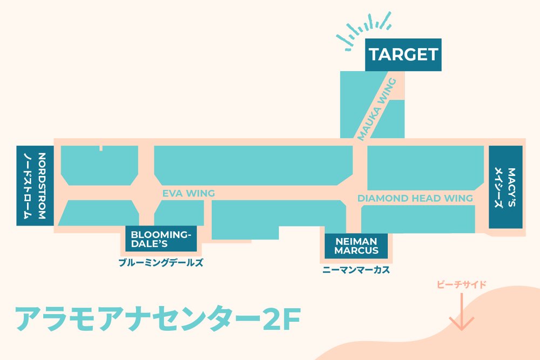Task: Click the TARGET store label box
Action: coord(403,55)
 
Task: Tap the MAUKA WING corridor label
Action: coord(377,110)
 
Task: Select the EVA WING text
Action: coord(188,193)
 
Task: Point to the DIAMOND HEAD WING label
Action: coord(415,198)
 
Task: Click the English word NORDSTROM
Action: coord(42,185)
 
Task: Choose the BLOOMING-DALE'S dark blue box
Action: coord(161,238)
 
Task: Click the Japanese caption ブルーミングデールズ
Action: coord(161,263)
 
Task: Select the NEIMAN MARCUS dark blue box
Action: coord(356,246)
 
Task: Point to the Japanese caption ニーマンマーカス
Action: coord(356,270)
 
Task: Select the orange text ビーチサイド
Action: coord(462,284)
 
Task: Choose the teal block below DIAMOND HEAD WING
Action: coord(417,219)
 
